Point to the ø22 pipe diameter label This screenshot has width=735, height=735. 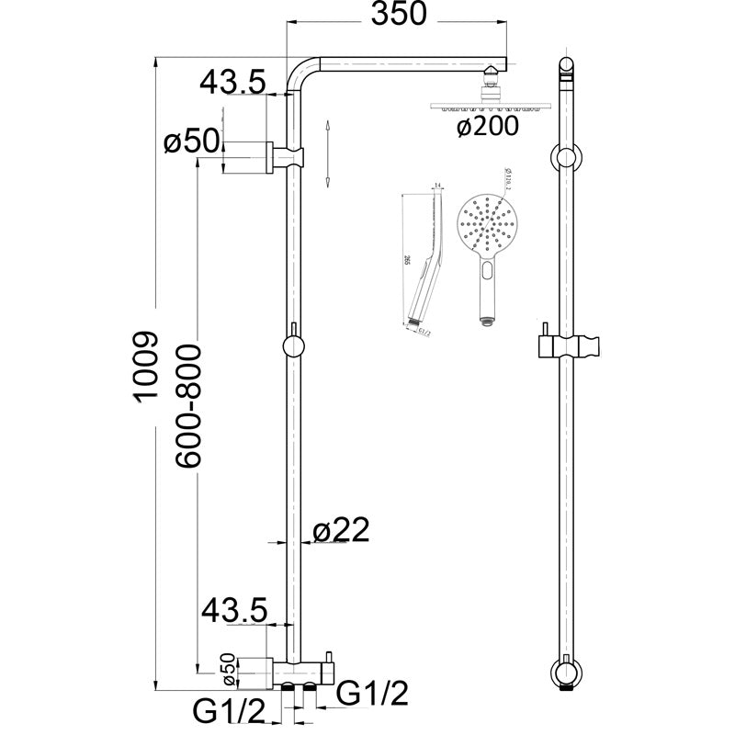click(x=341, y=530)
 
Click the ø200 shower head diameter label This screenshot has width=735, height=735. click(x=488, y=126)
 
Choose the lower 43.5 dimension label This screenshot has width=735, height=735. click(x=233, y=609)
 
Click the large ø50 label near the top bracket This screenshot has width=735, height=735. click(x=191, y=143)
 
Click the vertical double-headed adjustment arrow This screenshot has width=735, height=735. click(x=328, y=153)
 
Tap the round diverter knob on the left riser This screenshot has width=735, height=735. click(x=294, y=346)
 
